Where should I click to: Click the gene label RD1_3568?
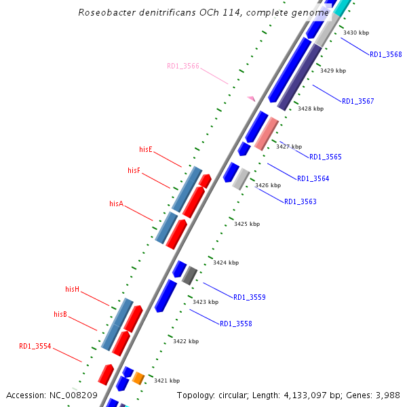(385, 54)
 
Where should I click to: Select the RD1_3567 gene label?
(357, 101)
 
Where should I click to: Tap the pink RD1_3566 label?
(183, 66)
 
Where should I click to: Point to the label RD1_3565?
(326, 157)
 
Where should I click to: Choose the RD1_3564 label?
(313, 178)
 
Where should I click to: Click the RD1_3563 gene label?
(300, 201)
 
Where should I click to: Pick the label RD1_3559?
(250, 297)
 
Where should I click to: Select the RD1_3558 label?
(236, 324)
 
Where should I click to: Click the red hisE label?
(146, 149)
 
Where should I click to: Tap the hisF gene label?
(134, 170)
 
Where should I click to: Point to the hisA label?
(116, 203)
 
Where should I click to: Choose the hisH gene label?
(73, 289)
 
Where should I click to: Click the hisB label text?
(60, 314)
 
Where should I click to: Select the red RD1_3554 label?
(35, 346)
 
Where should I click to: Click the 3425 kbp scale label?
(247, 224)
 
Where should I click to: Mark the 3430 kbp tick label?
(356, 33)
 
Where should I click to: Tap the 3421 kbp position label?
(167, 381)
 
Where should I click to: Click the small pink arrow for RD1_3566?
(251, 98)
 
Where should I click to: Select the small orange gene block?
(138, 378)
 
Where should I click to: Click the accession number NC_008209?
(74, 395)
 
